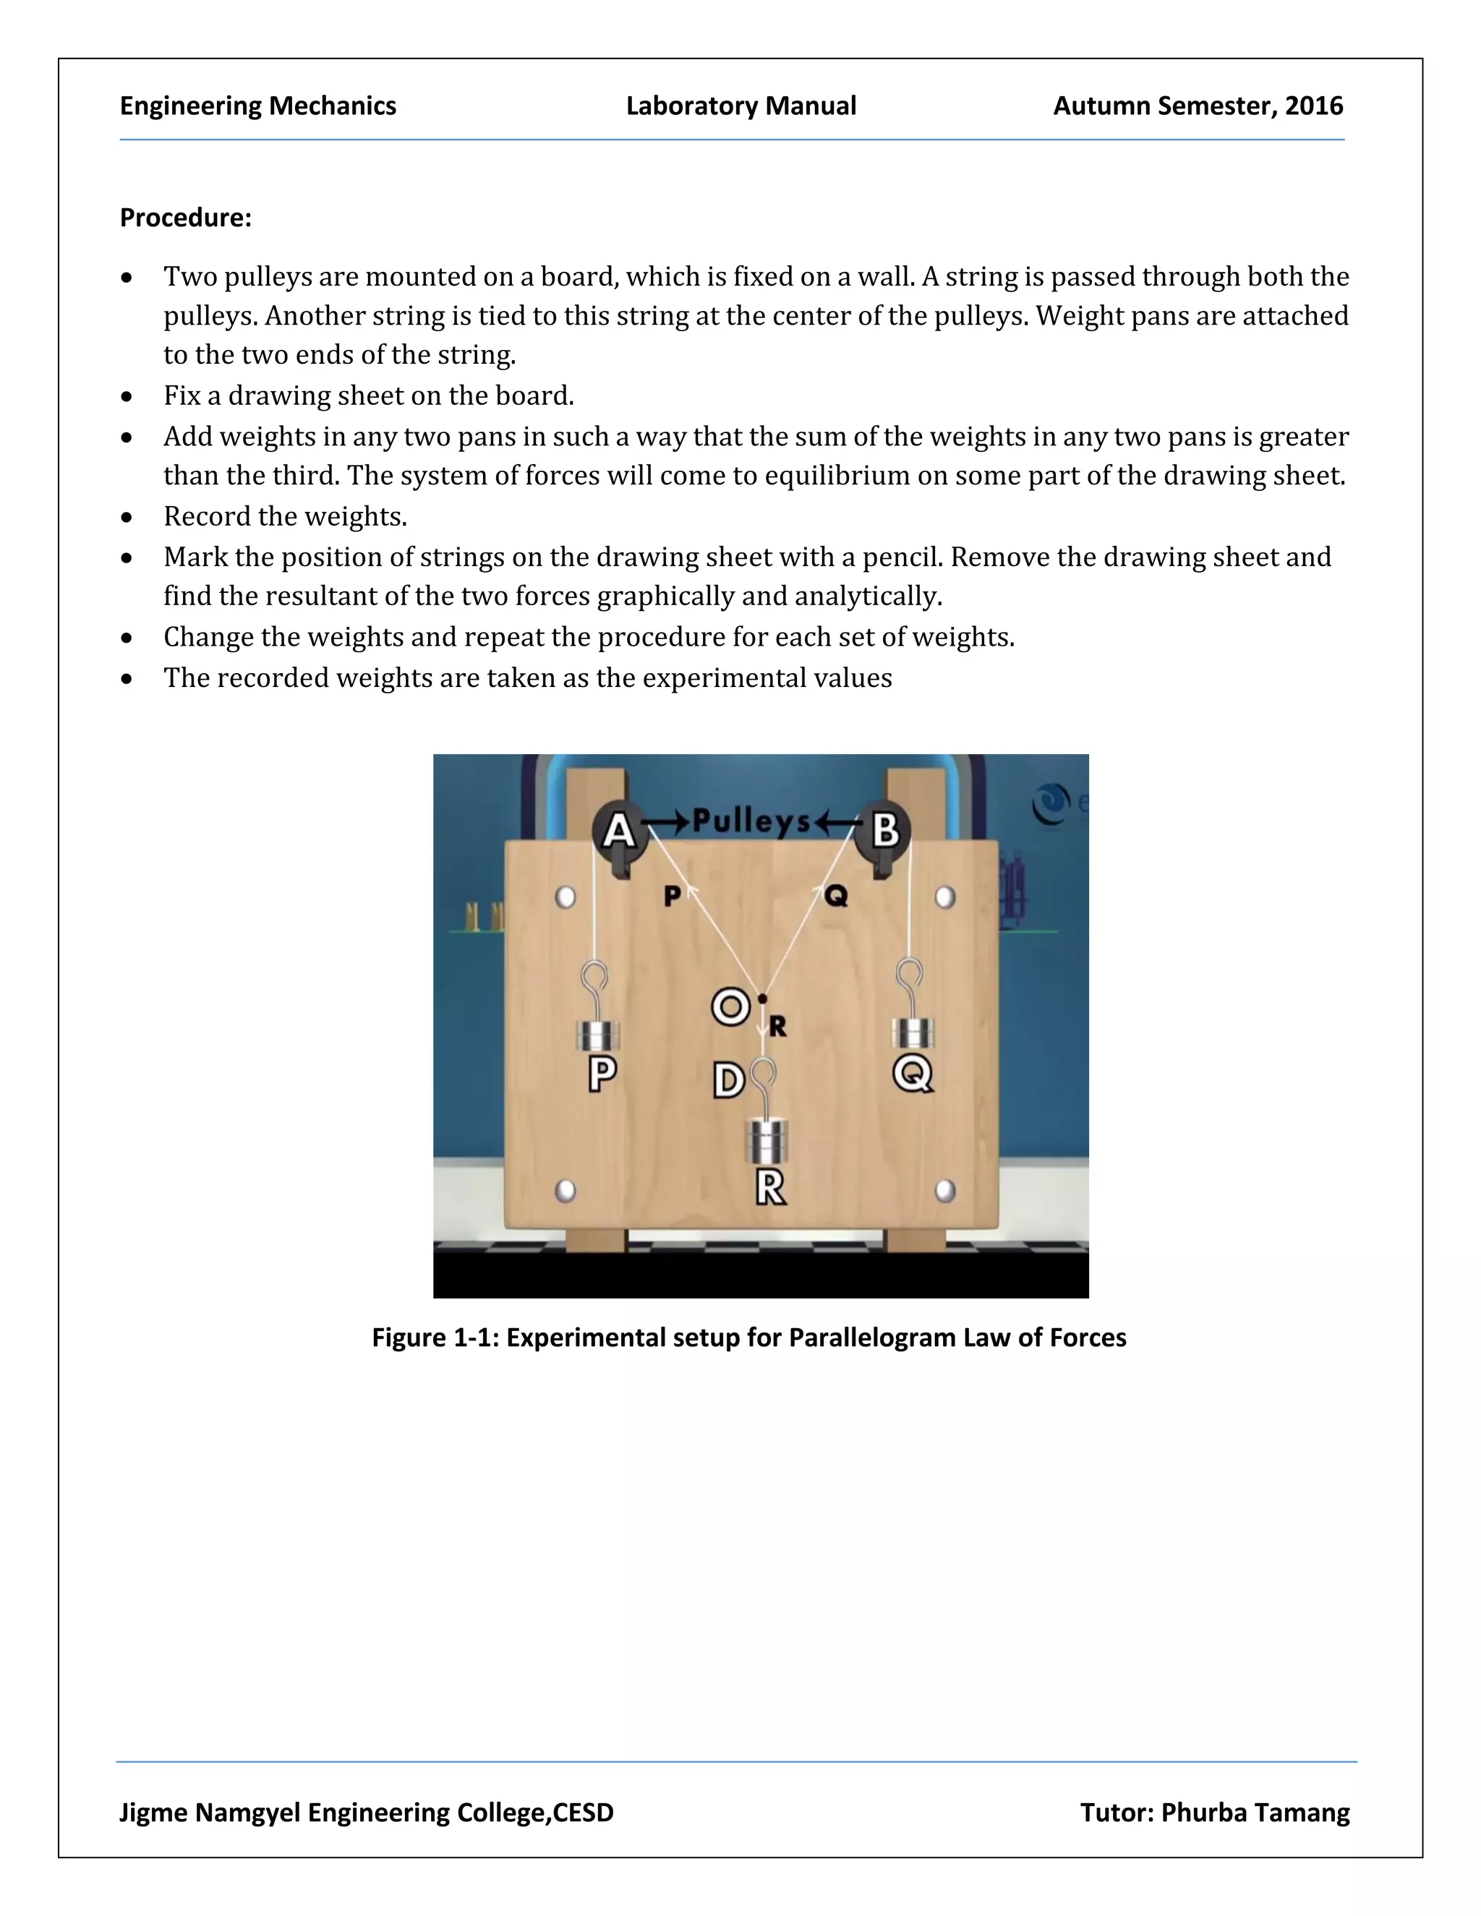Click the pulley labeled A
coord(620,829)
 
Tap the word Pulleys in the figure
coord(751,821)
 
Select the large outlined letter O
coord(730,1007)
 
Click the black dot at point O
coord(762,998)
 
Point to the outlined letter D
coord(728,1081)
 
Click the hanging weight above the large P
coord(598,1035)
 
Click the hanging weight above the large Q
coord(913,1032)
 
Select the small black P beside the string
coord(672,896)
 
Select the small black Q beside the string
coord(836,896)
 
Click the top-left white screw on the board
coord(566,897)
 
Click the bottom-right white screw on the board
coord(945,1191)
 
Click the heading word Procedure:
coord(185,218)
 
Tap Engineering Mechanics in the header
coord(258,106)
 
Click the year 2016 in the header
coord(1313,106)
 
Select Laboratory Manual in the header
coord(740,106)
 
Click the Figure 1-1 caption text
coord(748,1337)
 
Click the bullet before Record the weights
coord(127,518)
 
